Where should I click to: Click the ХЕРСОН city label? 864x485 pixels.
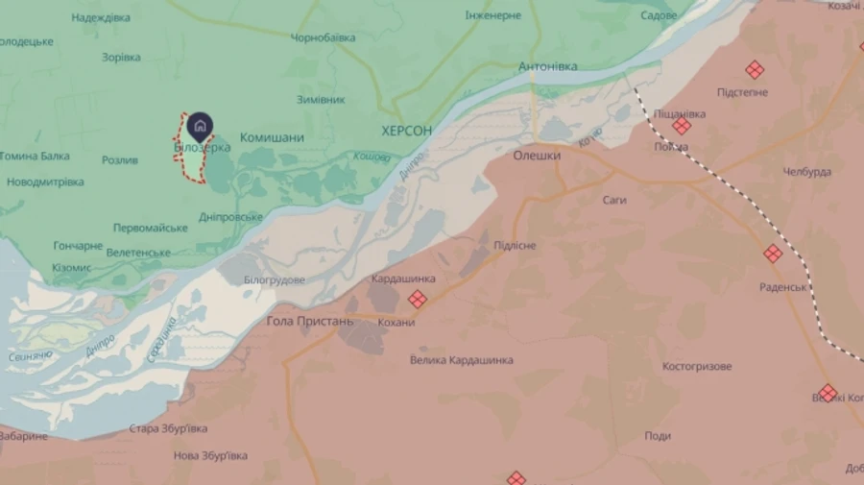[x=406, y=130]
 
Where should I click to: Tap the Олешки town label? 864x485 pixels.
[x=537, y=155]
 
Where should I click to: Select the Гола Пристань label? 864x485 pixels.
[x=310, y=321]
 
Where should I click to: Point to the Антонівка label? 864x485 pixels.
[x=547, y=66]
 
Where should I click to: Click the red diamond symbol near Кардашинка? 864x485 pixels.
[x=417, y=300]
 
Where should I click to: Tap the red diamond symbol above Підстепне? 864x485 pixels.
[x=755, y=69]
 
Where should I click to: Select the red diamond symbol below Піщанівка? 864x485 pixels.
[x=682, y=126]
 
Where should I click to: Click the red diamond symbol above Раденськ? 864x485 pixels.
[x=773, y=254]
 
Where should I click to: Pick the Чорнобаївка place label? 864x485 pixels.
[x=323, y=37]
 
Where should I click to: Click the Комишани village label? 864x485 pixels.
[x=272, y=137]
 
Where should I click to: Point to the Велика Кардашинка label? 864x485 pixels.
[x=461, y=360]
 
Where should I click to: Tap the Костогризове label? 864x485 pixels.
[x=697, y=367]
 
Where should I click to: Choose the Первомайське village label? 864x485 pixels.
[x=150, y=228]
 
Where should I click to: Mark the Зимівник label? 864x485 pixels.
[x=321, y=99]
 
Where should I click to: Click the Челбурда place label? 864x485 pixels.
[x=806, y=172]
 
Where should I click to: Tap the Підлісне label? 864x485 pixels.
[x=515, y=246]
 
